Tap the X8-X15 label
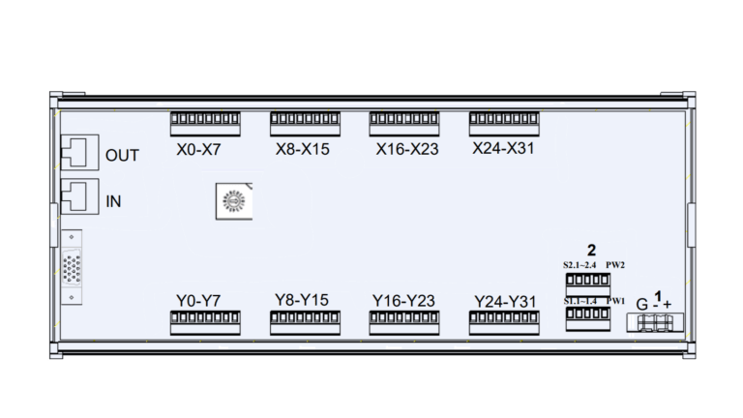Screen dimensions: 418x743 click(303, 151)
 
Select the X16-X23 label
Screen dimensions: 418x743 click(406, 151)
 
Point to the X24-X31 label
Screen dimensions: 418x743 click(503, 149)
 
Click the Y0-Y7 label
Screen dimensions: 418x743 click(199, 301)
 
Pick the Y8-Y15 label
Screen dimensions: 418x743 click(302, 300)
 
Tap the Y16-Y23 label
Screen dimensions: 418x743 click(403, 301)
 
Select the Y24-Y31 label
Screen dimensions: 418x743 click(505, 301)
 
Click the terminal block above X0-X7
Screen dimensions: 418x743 click(205, 124)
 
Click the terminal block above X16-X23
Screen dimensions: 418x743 click(404, 124)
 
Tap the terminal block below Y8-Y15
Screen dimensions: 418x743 click(305, 323)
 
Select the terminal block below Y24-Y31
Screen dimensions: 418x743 click(504, 323)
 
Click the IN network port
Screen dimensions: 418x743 click(76, 198)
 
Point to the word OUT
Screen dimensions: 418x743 click(123, 155)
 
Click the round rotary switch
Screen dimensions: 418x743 click(232, 200)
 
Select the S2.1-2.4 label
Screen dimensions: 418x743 click(580, 264)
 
